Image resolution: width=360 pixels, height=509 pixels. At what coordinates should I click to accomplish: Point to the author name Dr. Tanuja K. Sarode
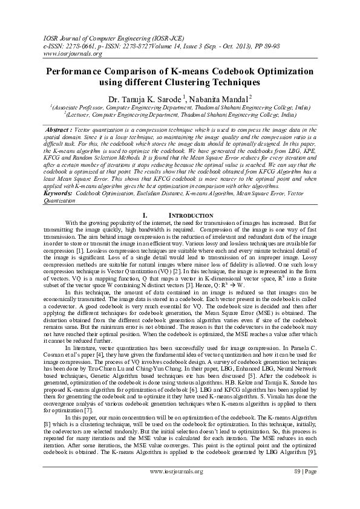(x=142, y=98)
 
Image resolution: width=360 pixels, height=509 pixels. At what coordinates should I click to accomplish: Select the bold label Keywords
(x=59, y=193)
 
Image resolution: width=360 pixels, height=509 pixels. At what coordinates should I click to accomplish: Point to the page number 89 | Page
(x=302, y=488)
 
